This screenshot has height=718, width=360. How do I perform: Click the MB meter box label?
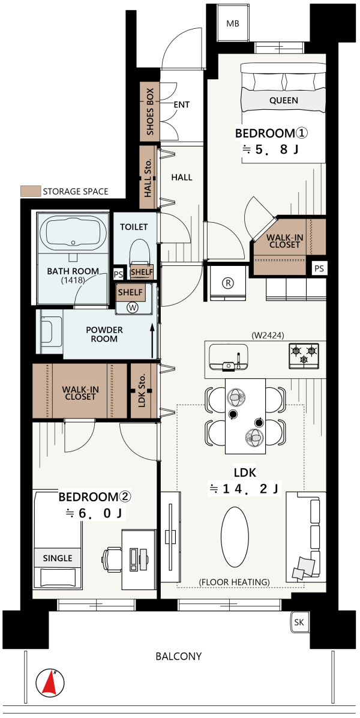click(233, 24)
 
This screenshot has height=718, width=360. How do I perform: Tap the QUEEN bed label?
click(283, 100)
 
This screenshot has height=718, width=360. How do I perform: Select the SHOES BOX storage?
click(149, 111)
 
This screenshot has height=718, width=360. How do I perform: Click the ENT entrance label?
click(182, 105)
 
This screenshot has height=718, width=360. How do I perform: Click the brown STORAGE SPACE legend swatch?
click(29, 192)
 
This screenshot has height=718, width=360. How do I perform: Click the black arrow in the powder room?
click(152, 341)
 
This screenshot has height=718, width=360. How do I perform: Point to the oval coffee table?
click(235, 531)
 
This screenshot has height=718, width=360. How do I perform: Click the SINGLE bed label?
click(58, 558)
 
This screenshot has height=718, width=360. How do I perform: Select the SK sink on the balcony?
click(299, 623)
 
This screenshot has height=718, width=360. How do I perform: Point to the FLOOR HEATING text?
click(234, 582)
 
